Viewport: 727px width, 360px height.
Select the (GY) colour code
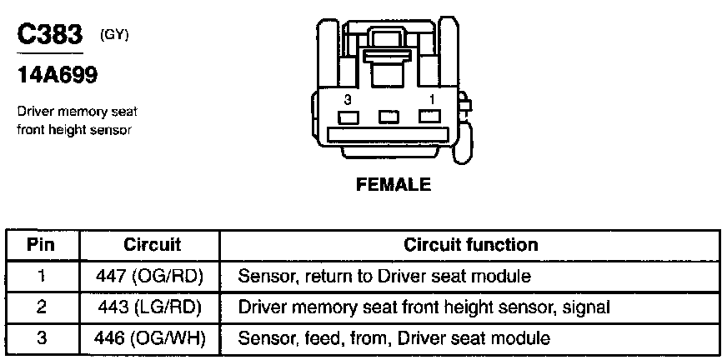click(113, 34)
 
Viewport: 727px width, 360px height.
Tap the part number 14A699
click(58, 76)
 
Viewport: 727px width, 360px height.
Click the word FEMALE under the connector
click(394, 185)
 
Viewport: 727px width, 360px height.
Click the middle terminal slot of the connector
click(389, 117)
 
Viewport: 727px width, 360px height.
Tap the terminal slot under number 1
click(430, 117)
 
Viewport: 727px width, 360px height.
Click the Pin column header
click(42, 245)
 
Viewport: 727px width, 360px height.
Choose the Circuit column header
click(153, 245)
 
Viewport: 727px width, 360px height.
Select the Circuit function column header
click(470, 245)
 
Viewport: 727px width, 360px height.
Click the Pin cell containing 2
click(42, 307)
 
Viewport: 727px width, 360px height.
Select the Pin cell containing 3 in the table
click(42, 339)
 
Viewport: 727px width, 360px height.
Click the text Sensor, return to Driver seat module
click(384, 276)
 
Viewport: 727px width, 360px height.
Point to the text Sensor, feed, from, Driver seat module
click(394, 339)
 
